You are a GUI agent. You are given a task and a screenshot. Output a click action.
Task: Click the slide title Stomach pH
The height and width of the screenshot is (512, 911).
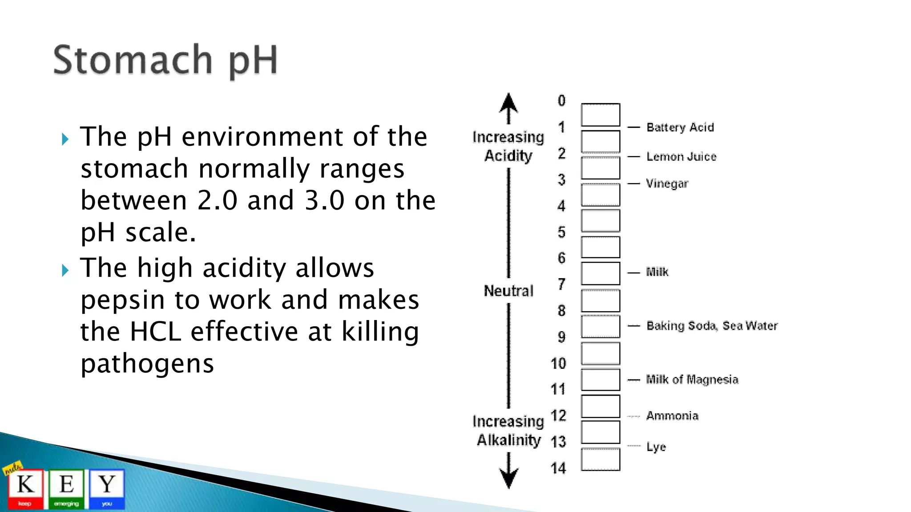[165, 61]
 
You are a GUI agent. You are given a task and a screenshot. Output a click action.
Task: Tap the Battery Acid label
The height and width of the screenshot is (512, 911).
[680, 128]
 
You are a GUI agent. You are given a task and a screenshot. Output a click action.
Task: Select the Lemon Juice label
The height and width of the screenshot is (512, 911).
[681, 156]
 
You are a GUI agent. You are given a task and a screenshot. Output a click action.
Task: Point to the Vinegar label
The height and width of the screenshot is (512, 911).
[667, 184]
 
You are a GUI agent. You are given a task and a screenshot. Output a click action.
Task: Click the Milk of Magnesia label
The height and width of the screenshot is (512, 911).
[692, 380]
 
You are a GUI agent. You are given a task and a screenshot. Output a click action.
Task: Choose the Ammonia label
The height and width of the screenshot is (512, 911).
[672, 416]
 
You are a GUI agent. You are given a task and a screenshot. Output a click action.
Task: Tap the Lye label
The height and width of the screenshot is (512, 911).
[656, 447]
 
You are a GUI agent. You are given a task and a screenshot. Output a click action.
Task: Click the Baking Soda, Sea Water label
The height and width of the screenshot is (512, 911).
[711, 326]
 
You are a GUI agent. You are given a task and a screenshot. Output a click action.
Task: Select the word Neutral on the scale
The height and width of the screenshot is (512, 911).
[508, 291]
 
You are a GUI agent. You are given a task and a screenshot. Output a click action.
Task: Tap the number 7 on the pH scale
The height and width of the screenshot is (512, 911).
[561, 284]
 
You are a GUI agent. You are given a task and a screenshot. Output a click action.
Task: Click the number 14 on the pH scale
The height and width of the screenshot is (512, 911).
[558, 468]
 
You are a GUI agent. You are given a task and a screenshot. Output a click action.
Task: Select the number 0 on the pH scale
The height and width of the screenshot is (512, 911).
[561, 100]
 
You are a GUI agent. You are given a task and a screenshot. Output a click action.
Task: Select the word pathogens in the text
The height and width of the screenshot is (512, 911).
[147, 364]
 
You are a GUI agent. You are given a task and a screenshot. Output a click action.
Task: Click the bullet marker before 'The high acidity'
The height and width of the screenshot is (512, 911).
[65, 270]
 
